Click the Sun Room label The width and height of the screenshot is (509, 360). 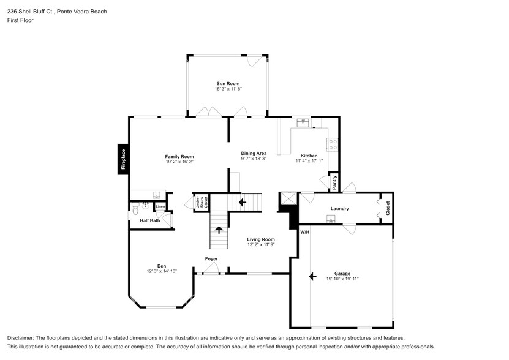click(x=227, y=83)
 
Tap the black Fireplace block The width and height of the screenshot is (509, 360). click(x=123, y=159)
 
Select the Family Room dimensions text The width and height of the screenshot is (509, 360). click(x=179, y=162)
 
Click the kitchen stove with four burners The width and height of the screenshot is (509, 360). click(x=333, y=145)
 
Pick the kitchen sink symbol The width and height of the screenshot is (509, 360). click(x=303, y=122)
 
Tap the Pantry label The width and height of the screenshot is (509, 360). click(x=334, y=182)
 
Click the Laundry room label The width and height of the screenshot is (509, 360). click(x=340, y=209)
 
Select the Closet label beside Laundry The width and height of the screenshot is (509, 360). click(x=387, y=208)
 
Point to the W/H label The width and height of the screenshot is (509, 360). click(x=304, y=232)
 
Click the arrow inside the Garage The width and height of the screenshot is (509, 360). click(x=313, y=277)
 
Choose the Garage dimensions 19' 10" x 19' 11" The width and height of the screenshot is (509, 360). click(x=342, y=279)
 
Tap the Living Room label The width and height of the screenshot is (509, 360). click(x=261, y=239)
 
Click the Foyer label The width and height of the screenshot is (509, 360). click(x=211, y=259)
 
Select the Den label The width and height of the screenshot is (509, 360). click(x=162, y=266)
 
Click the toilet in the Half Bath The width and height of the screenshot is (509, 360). click(x=136, y=212)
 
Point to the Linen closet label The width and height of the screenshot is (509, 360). click(x=160, y=207)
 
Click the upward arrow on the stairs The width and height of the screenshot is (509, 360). click(x=219, y=230)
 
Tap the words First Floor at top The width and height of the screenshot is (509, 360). click(x=20, y=20)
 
